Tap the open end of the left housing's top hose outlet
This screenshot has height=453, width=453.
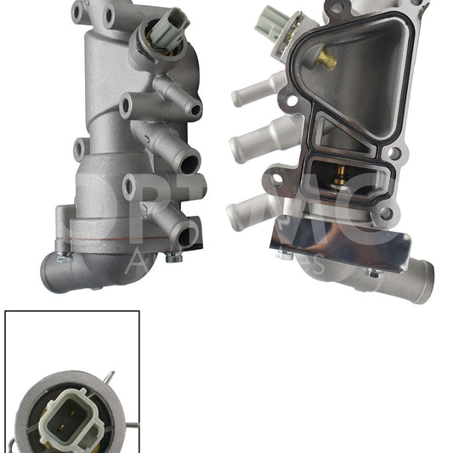coord(195,109)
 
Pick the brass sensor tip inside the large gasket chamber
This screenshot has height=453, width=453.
coord(326,58)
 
